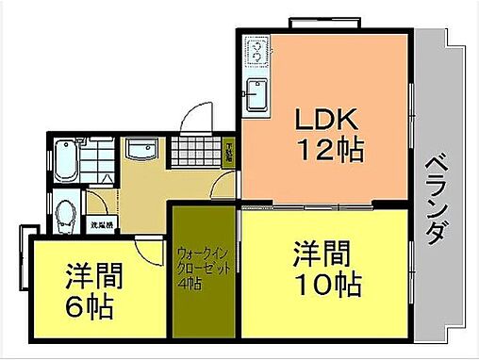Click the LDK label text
click(x=326, y=121)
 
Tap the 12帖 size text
click(x=331, y=150)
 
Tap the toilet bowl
click(x=64, y=216)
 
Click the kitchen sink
click(x=255, y=94)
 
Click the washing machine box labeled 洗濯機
click(x=101, y=225)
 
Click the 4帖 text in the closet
click(x=190, y=283)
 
